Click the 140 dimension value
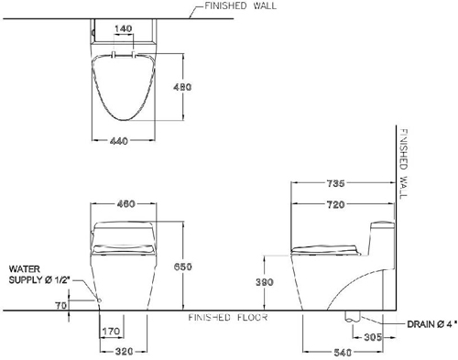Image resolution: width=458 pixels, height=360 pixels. click(124, 28)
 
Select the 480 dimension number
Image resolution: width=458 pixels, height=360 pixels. click(182, 87)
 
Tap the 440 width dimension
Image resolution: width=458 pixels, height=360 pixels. click(119, 141)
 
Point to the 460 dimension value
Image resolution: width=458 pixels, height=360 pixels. click(125, 204)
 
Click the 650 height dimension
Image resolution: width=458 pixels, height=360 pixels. click(183, 267)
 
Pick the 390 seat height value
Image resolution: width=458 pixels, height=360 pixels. click(265, 282)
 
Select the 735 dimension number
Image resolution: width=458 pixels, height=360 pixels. click(335, 183)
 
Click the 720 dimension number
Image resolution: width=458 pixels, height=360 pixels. click(335, 204)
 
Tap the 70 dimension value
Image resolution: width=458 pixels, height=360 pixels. click(61, 305)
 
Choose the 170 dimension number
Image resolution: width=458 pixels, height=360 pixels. click(111, 331)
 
